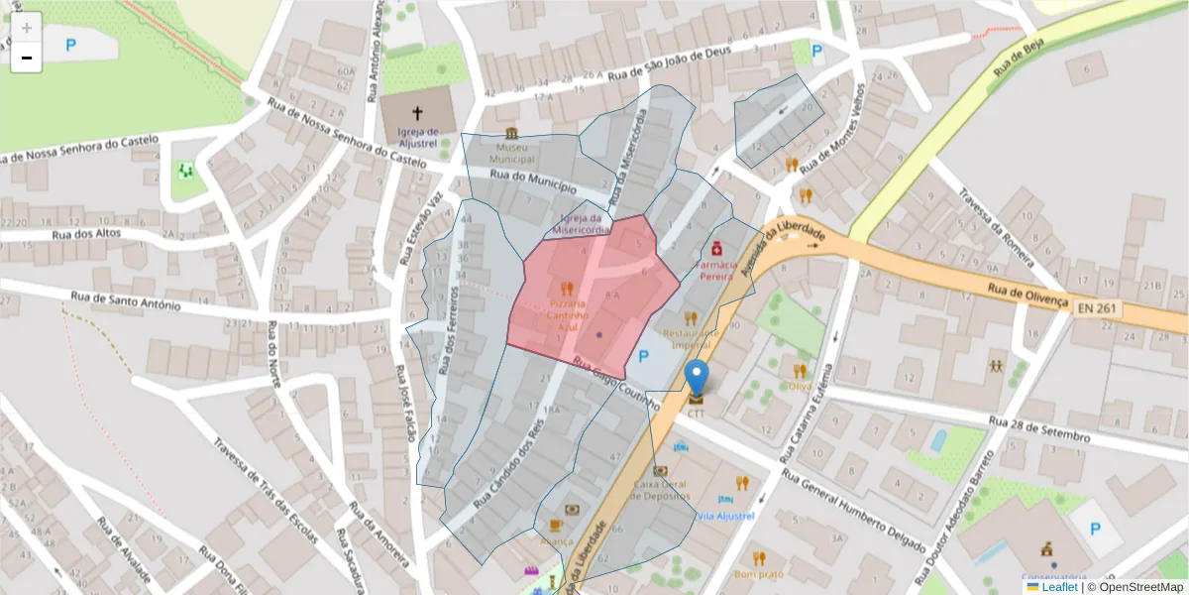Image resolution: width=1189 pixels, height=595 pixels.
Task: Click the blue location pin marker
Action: point(698,379)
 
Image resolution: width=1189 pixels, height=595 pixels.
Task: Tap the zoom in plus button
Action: point(27,28)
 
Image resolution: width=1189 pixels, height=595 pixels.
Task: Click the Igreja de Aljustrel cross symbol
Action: point(417,113)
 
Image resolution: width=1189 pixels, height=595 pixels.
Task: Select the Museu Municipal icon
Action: point(511,134)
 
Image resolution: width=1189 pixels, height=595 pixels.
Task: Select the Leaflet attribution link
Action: point(1058,587)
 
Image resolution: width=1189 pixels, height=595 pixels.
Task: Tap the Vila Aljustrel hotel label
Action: point(725,517)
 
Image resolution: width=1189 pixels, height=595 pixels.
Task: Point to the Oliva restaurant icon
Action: point(799,371)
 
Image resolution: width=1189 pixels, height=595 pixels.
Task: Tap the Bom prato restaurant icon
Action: point(759,557)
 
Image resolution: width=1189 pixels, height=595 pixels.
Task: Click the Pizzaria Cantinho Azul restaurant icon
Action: point(566,290)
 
